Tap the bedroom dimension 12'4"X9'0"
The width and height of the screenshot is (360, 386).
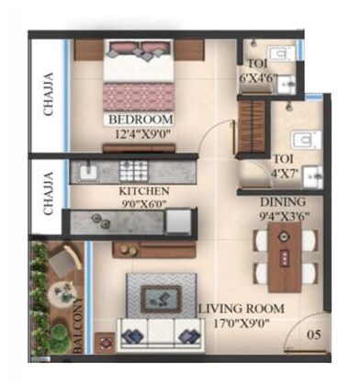click(143, 134)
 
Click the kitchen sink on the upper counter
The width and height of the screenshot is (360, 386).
click(89, 172)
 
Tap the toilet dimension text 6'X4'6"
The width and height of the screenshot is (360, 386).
click(262, 77)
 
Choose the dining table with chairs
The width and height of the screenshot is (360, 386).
click(283, 259)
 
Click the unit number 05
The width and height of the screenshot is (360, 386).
click(313, 335)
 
